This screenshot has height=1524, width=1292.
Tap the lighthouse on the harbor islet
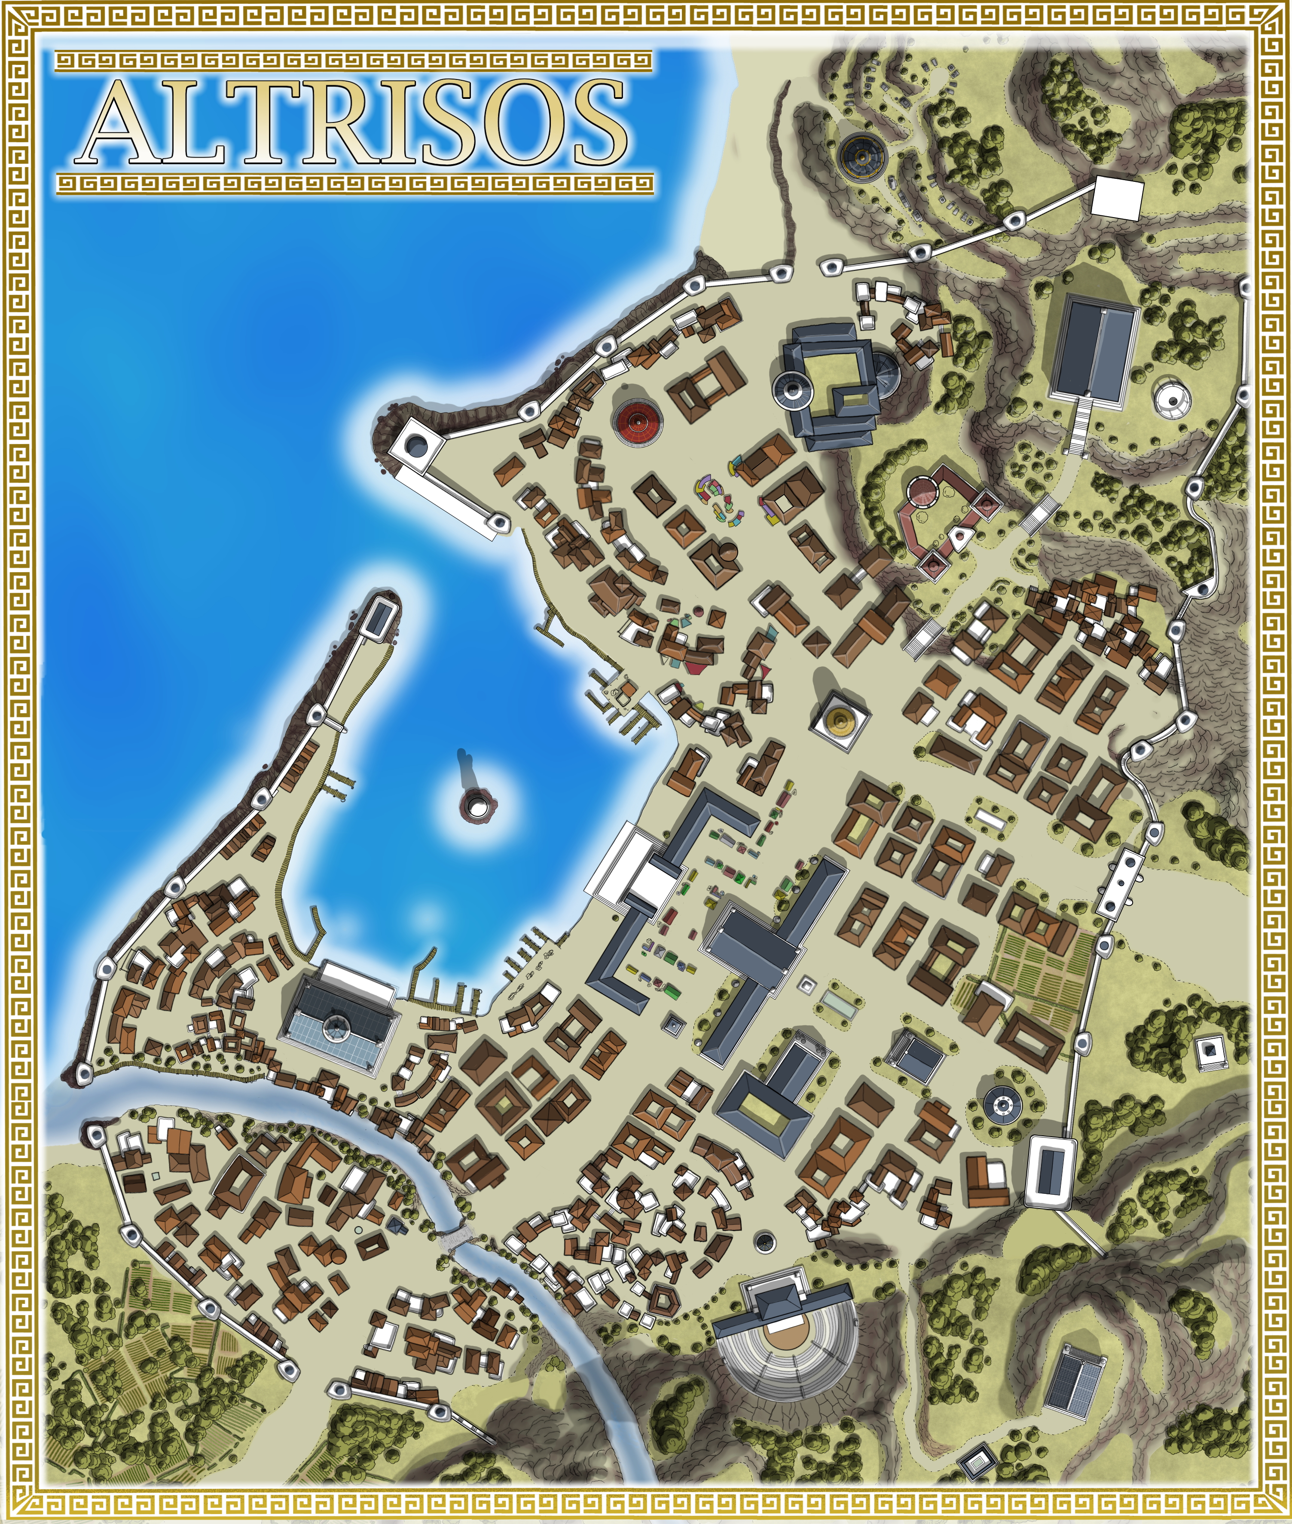[x=477, y=806]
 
